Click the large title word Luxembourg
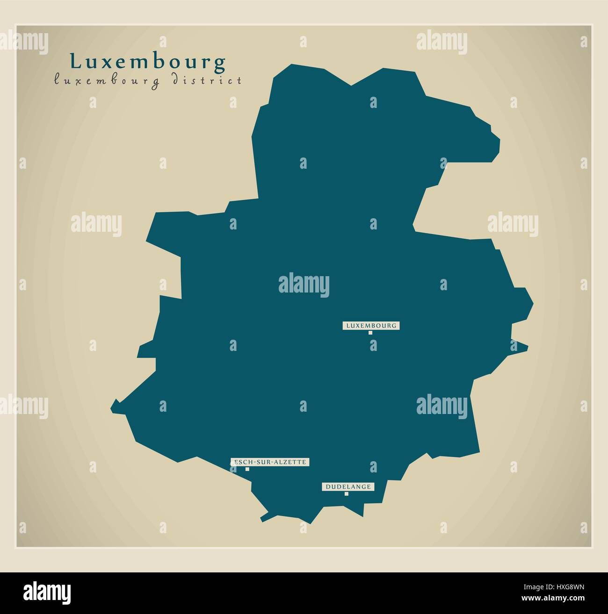click(x=148, y=62)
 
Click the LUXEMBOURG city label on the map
click(x=371, y=325)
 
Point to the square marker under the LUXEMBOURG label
click(x=370, y=333)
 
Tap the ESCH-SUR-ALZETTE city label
click(x=270, y=462)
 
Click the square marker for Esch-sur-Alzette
click(x=247, y=469)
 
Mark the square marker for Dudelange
click(x=347, y=494)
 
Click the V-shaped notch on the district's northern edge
click(x=351, y=86)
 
